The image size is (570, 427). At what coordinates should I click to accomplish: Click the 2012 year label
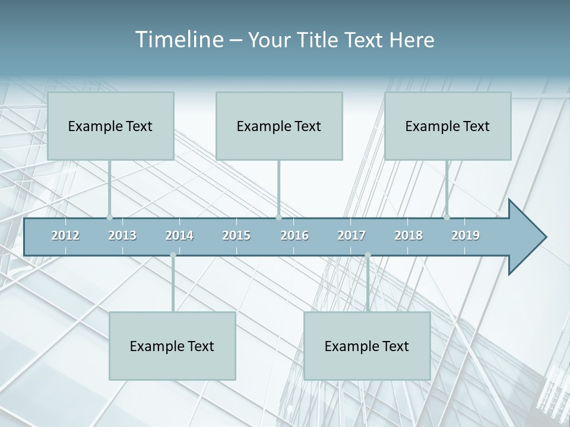[65, 235]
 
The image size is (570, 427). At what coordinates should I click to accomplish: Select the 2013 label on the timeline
[122, 235]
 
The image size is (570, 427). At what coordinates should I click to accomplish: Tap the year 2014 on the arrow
[179, 235]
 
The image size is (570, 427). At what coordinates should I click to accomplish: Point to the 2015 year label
[236, 235]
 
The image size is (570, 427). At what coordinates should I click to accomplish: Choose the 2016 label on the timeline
[294, 235]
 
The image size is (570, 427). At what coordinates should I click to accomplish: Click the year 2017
[351, 235]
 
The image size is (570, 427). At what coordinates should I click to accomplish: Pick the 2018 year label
[408, 235]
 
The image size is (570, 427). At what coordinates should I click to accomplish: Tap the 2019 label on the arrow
[465, 235]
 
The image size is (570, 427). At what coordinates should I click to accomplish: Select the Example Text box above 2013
[110, 126]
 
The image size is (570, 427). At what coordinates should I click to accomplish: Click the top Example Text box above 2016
[279, 126]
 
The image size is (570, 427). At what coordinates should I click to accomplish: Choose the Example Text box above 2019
[448, 126]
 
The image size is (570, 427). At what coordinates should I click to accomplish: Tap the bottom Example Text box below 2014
[172, 346]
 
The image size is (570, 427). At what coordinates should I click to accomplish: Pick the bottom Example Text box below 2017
[367, 346]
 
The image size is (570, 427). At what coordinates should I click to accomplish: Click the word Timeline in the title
[179, 39]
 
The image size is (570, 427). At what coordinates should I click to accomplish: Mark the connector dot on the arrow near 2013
[109, 217]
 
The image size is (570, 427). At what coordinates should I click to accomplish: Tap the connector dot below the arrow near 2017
[368, 255]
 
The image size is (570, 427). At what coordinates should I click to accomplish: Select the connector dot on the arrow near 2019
[446, 217]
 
